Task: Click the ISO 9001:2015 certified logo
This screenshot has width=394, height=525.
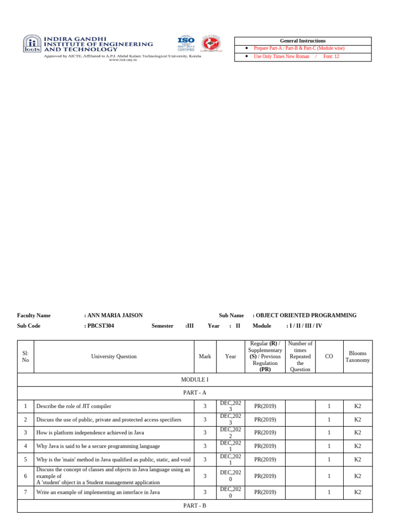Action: [186, 43]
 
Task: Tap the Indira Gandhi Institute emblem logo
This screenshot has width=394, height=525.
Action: [32, 44]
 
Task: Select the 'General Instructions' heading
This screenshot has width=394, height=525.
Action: [303, 41]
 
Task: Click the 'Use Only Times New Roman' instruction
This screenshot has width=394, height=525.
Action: [282, 56]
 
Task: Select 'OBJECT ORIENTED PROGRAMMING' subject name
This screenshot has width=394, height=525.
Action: [307, 315]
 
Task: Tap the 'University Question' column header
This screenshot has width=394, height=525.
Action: [114, 356]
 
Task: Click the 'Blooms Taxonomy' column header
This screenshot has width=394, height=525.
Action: [358, 356]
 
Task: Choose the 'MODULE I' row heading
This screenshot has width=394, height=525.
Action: [195, 379]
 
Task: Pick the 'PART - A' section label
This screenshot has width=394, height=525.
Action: [195, 393]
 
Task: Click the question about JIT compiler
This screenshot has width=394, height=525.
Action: [74, 406]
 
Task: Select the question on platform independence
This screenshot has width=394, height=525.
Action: [90, 433]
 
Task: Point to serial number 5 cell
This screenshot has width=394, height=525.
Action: [25, 459]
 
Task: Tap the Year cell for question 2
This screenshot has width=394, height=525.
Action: [230, 419]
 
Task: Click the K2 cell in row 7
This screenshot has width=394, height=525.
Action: [358, 492]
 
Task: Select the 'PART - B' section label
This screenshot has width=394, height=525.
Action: [195, 506]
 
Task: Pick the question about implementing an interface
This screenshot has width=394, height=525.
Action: [98, 492]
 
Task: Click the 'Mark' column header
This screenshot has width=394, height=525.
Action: [205, 356]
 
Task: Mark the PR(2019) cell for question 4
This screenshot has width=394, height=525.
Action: [265, 446]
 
